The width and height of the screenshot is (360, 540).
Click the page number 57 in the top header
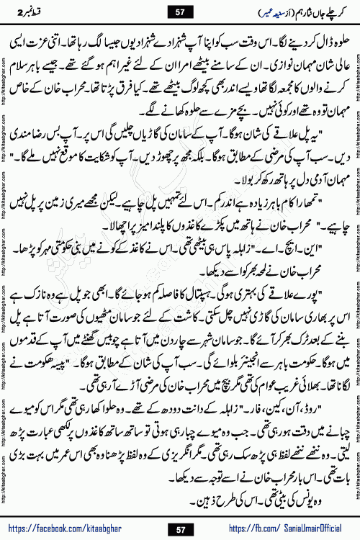[x=181, y=10]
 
